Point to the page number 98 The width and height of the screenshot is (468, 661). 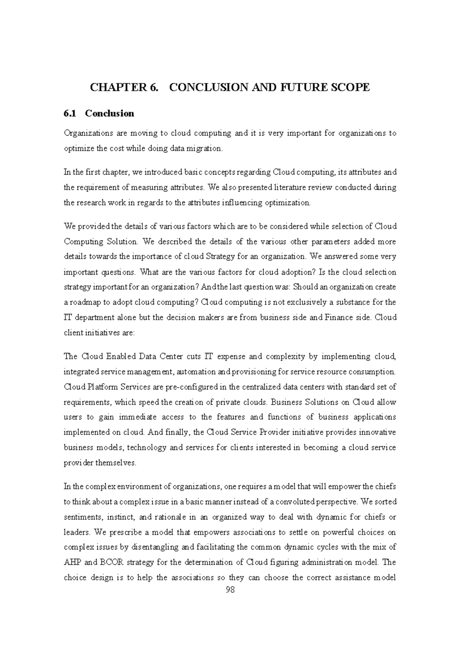(230, 590)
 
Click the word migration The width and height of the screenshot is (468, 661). (206, 148)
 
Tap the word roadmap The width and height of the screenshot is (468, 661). (83, 302)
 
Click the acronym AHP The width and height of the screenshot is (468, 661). (71, 562)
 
